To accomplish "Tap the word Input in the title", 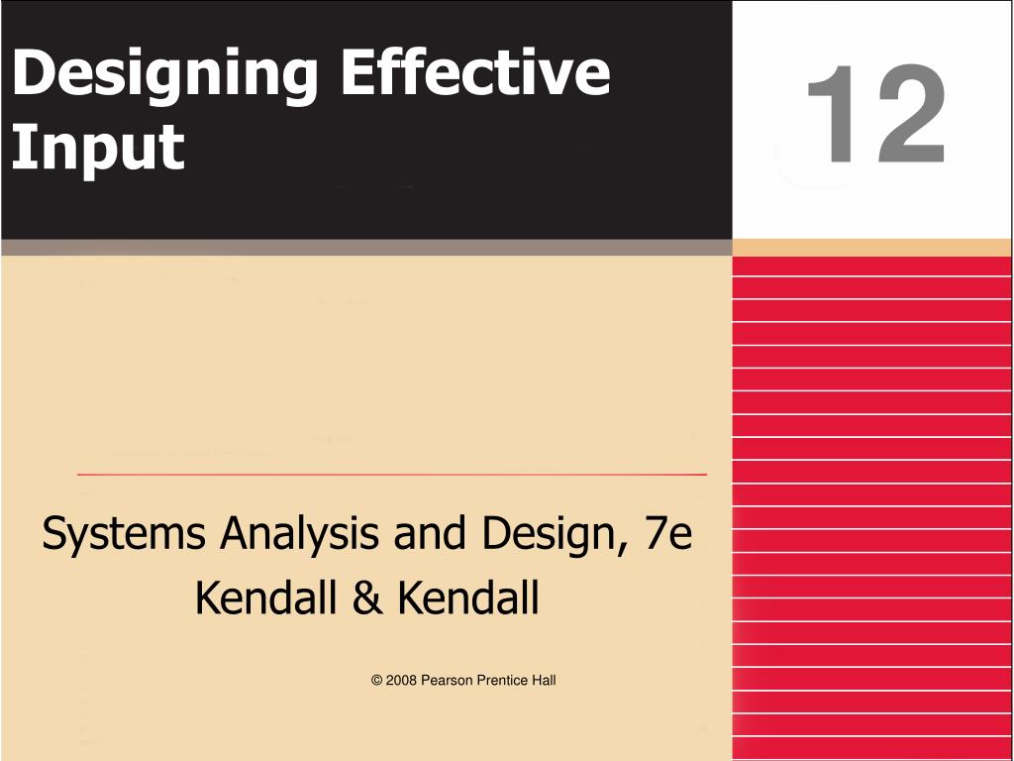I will (x=98, y=149).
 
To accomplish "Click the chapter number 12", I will (x=875, y=117).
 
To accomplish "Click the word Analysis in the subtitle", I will (x=299, y=535).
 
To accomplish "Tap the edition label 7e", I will (x=666, y=535).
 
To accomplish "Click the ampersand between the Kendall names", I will (x=366, y=598).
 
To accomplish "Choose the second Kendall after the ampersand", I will (x=468, y=598).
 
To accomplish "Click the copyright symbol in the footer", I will (x=377, y=681).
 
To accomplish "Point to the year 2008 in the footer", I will (x=401, y=681).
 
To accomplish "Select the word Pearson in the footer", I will (x=448, y=681).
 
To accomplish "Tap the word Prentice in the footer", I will (x=503, y=681).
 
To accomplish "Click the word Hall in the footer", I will (x=544, y=681).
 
